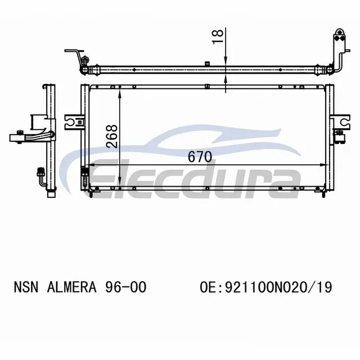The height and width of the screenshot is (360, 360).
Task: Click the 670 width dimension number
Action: (x=200, y=157)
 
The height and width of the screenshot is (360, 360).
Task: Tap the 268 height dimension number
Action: (x=112, y=136)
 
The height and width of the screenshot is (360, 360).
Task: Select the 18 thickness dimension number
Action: (x=218, y=37)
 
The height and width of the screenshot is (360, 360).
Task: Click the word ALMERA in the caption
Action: (x=71, y=287)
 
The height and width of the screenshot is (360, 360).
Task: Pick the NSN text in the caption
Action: (x=26, y=287)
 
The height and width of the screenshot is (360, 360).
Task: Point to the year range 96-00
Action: (x=125, y=287)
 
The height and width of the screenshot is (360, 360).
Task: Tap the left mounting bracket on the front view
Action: (x=73, y=121)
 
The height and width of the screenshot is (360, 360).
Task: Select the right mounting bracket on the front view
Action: (x=341, y=121)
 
